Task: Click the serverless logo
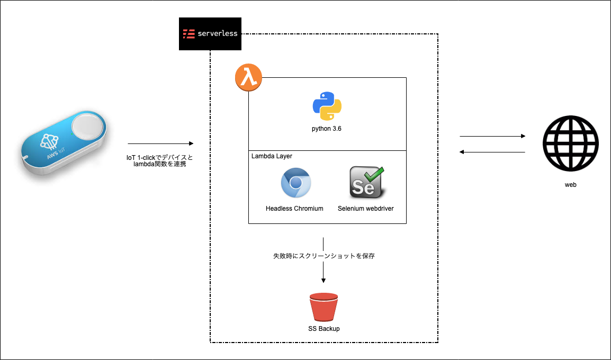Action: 210,33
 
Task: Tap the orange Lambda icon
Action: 248,78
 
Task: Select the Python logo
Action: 327,106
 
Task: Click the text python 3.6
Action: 327,129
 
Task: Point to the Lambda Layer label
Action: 272,156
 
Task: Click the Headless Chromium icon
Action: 295,183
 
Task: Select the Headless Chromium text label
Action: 294,209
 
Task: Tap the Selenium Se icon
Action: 366,183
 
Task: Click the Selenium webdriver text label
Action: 365,209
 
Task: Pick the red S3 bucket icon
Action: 324,307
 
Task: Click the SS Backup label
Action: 324,329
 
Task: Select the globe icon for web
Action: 571,144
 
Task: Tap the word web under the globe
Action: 570,185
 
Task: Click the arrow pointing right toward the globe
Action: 492,136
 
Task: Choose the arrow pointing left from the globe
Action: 492,152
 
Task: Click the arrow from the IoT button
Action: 160,143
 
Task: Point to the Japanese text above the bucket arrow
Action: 324,256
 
